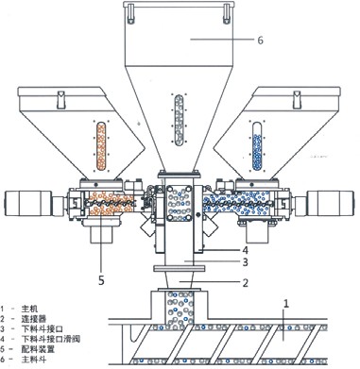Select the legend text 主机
pyautogui.click(x=35, y=309)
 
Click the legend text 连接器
pyautogui.click(x=39, y=319)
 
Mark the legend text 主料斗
pyautogui.click(x=39, y=360)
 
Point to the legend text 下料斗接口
pyautogui.click(x=47, y=329)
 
